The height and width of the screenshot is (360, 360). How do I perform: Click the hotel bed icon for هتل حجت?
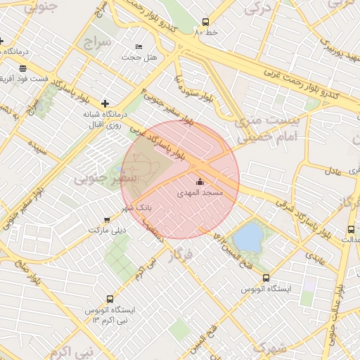point(139,46)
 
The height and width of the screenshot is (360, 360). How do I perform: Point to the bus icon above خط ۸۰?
point(205,22)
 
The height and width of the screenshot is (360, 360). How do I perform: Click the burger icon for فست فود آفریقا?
point(23,68)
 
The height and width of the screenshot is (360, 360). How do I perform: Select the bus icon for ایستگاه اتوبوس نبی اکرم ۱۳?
point(109,299)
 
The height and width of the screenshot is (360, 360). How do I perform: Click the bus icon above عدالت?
point(351,230)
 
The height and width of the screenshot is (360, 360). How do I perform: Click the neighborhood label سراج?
point(98,41)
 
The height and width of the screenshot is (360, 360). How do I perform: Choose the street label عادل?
point(335,169)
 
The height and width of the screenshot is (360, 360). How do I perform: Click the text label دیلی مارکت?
point(106,230)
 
